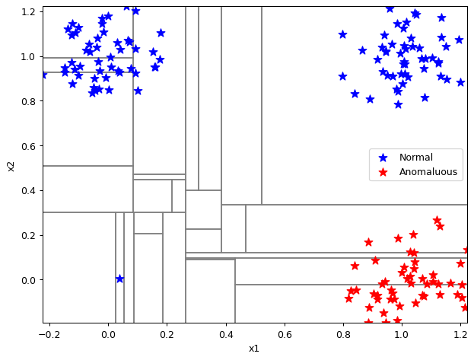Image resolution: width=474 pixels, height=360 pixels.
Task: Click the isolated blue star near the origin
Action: click(x=120, y=279)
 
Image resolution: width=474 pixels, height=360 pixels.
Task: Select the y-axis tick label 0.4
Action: click(x=28, y=191)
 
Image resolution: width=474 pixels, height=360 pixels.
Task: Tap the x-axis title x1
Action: click(x=254, y=349)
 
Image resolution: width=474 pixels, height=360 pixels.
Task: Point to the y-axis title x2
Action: click(x=11, y=167)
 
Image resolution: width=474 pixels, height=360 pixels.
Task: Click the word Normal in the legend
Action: click(x=416, y=158)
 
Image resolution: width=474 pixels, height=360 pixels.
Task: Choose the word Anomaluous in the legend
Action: click(x=428, y=172)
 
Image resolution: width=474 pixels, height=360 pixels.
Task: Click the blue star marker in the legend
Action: click(x=383, y=158)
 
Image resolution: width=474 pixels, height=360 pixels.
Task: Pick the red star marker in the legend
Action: click(x=383, y=172)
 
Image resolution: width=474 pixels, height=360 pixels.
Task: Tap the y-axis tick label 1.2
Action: click(x=28, y=12)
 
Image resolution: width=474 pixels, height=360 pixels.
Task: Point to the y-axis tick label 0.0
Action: click(x=28, y=280)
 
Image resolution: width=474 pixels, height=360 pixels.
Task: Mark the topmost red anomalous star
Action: click(x=437, y=220)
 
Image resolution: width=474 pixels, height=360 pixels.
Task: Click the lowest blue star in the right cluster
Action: click(x=399, y=105)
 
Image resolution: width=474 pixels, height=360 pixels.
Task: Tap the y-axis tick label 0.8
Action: click(x=28, y=101)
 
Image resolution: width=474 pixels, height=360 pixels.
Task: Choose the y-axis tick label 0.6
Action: click(x=28, y=146)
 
